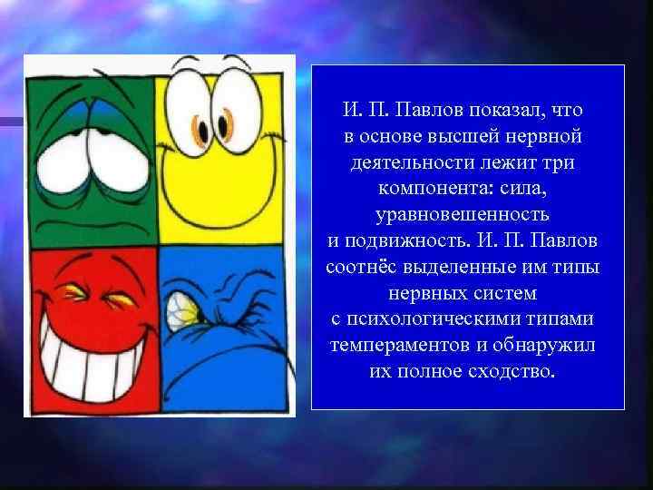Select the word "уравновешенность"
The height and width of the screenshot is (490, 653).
coord(463,216)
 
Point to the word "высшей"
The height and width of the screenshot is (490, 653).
coord(450,137)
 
